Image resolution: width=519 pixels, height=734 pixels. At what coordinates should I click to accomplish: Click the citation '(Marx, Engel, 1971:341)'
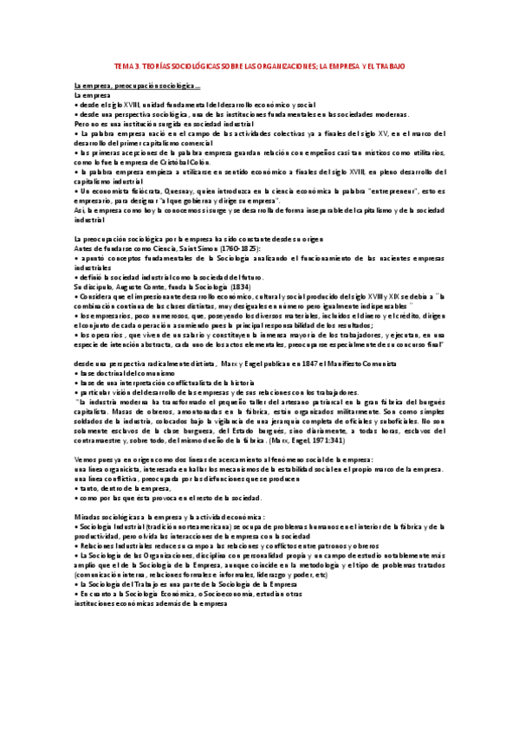(295, 439)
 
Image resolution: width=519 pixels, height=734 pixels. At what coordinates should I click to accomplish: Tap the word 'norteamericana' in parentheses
(203, 526)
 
